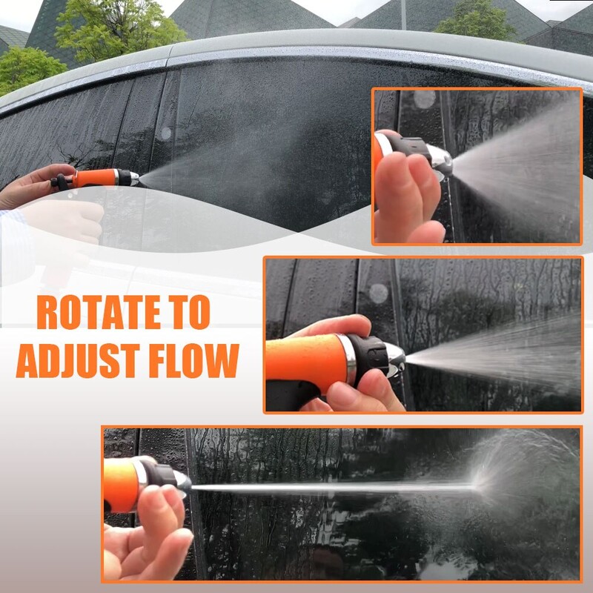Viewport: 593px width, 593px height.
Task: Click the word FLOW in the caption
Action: tap(194, 361)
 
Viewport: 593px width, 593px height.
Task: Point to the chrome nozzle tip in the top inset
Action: tap(443, 162)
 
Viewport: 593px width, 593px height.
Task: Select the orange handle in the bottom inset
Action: tap(122, 485)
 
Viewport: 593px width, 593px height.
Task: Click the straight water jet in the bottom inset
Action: tap(333, 488)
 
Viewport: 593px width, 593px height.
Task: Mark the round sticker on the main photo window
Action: tap(166, 133)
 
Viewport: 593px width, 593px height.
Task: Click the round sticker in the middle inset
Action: tap(379, 294)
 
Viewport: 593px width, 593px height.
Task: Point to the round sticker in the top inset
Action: tap(425, 99)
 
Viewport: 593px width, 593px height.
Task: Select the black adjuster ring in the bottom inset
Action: tap(160, 474)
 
